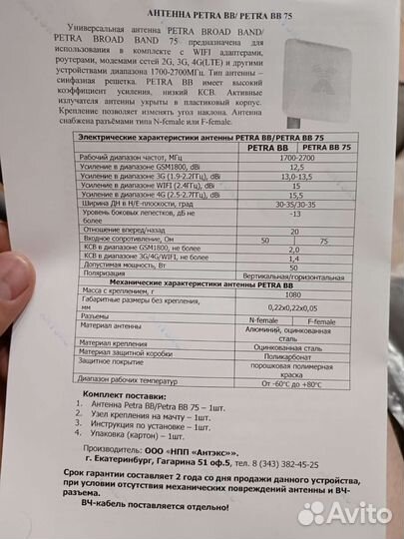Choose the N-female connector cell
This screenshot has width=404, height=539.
[261, 318]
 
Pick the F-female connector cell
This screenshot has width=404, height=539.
[322, 322]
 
